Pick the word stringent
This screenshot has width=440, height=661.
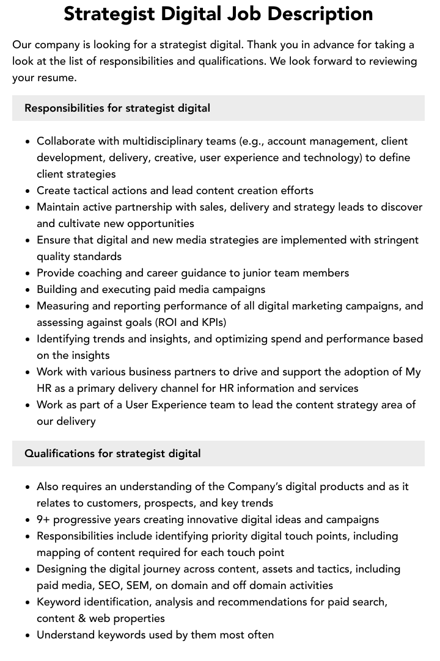(x=394, y=240)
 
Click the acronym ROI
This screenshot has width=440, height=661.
(x=166, y=322)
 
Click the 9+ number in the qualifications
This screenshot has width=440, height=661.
(x=43, y=519)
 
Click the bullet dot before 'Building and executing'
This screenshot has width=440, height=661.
(x=28, y=290)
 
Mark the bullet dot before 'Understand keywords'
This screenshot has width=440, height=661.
(x=28, y=635)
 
